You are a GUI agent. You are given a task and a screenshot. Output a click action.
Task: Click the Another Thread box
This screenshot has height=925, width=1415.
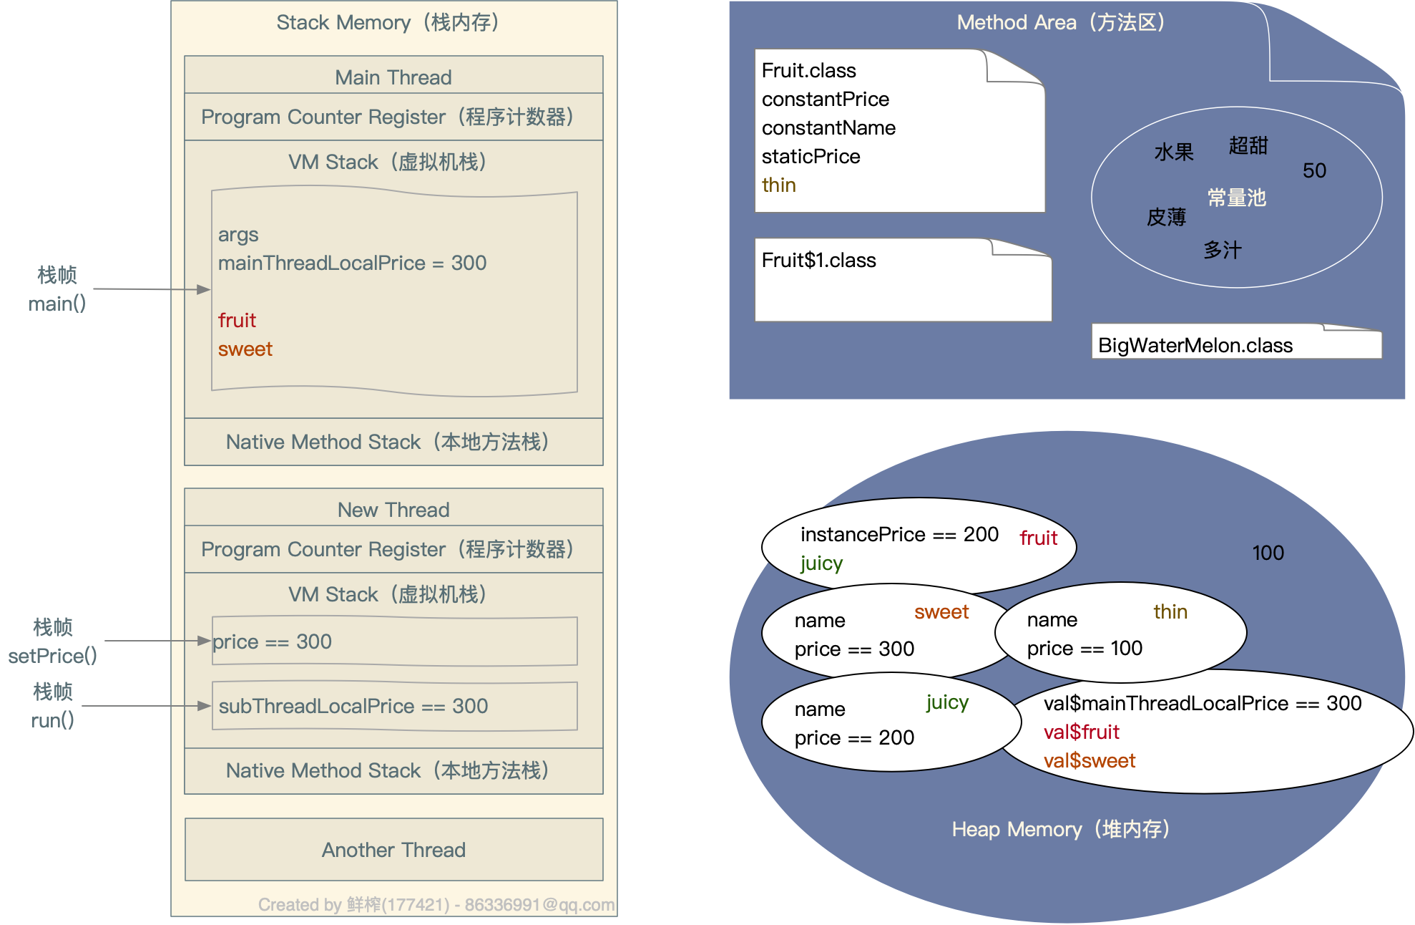pos(393,850)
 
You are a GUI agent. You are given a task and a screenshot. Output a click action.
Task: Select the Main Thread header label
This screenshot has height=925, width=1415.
pos(393,77)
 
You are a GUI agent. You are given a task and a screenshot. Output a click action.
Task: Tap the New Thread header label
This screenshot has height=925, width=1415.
pos(393,510)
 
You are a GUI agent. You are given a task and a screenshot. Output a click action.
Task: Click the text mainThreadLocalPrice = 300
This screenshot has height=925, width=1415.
pos(352,263)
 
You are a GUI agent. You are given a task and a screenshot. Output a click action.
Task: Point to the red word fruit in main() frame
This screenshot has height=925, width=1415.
pos(237,321)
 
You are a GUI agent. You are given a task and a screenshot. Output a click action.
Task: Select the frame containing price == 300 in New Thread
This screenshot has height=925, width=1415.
pos(394,641)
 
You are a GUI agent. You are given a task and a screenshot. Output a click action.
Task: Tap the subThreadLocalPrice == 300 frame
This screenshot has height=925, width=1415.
pos(394,706)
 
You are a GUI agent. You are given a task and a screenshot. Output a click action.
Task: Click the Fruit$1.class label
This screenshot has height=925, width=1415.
pos(818,261)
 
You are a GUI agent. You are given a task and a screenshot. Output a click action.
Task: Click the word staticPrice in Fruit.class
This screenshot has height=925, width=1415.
pos(811,157)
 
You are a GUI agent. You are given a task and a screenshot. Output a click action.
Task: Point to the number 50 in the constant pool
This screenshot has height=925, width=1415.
pos(1314,170)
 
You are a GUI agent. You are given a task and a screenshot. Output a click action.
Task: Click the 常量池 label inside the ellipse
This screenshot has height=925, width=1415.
pos(1236,198)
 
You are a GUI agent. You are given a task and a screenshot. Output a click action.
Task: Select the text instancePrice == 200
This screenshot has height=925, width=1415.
pos(899,535)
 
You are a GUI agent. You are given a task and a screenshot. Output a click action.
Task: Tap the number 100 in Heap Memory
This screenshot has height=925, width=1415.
pos(1268,553)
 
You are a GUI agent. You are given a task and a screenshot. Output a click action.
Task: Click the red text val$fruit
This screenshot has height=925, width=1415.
pos(1081,732)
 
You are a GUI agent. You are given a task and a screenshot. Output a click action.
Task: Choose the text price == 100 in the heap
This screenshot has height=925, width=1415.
pos(1084,649)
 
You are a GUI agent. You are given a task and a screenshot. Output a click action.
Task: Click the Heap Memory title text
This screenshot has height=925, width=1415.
pos(1060,829)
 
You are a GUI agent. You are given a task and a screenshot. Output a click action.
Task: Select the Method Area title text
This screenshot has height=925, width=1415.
pos(1060,23)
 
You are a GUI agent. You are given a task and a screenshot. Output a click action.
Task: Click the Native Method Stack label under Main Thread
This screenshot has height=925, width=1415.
pos(387,442)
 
